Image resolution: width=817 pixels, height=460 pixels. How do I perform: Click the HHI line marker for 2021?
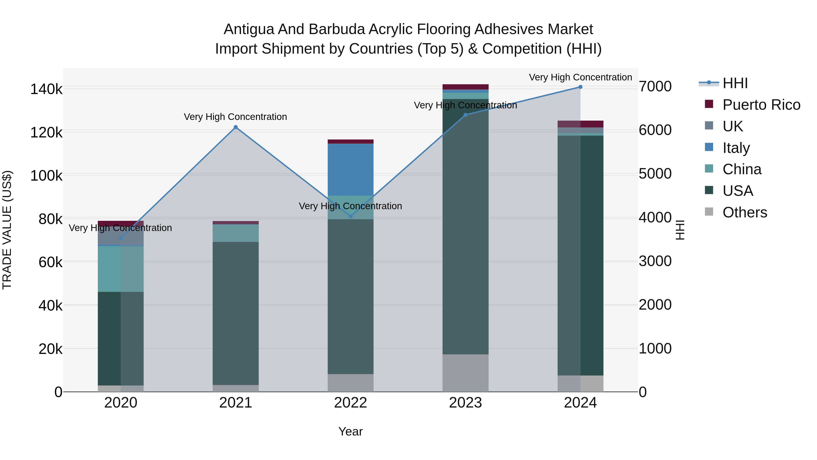[x=235, y=127]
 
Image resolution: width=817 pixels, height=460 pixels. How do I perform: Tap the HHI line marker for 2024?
[x=580, y=87]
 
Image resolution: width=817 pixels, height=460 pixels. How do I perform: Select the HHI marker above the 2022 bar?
[x=350, y=216]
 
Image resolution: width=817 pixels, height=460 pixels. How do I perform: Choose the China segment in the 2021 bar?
[x=235, y=233]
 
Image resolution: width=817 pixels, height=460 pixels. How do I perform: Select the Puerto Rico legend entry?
[x=761, y=105]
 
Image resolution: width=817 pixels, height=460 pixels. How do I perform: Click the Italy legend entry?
[x=736, y=148]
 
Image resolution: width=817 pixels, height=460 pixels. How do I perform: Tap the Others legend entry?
[x=744, y=212]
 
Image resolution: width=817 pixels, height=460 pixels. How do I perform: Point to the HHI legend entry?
[x=735, y=83]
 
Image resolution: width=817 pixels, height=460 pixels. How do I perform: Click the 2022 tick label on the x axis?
[x=350, y=403]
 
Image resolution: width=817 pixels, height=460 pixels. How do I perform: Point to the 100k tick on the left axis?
[x=46, y=175]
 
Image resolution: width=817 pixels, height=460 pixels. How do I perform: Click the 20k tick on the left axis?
[x=50, y=349]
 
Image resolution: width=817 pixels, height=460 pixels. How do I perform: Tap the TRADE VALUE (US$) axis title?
[x=7, y=230]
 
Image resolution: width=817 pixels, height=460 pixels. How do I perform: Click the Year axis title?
[x=350, y=431]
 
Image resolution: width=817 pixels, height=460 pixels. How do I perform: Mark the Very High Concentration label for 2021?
[x=235, y=117]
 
